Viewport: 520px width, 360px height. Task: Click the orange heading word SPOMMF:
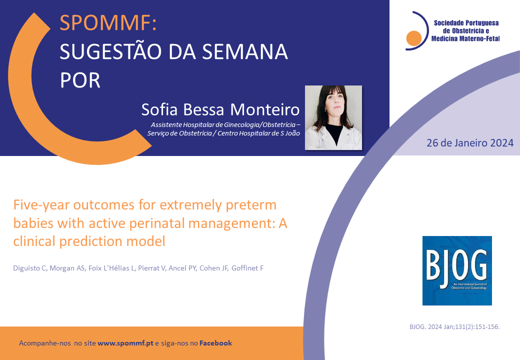[x=108, y=23]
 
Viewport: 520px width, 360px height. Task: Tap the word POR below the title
[x=80, y=80]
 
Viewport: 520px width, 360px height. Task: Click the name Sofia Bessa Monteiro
[x=220, y=109]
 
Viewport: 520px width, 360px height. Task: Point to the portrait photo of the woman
[x=333, y=117]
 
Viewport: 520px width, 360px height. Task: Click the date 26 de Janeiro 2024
[x=470, y=143]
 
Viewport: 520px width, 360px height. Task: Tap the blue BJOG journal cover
[x=457, y=270]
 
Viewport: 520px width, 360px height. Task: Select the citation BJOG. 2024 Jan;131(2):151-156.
[x=454, y=327]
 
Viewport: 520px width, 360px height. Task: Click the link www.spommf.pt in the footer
[x=125, y=343]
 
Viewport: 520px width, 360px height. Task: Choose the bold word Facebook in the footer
[x=215, y=343]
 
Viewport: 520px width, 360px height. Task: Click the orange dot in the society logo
[x=414, y=38]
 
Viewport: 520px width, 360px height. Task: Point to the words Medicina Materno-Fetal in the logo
[x=465, y=39]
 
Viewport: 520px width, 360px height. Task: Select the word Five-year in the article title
[x=41, y=205]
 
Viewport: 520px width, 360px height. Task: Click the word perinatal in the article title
[x=157, y=223]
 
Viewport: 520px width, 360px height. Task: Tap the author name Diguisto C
[x=30, y=268]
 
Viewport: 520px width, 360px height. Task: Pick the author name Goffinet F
[x=247, y=268]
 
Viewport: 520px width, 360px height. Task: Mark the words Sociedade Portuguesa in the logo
[x=466, y=23]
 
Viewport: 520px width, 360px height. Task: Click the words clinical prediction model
[x=89, y=241]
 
